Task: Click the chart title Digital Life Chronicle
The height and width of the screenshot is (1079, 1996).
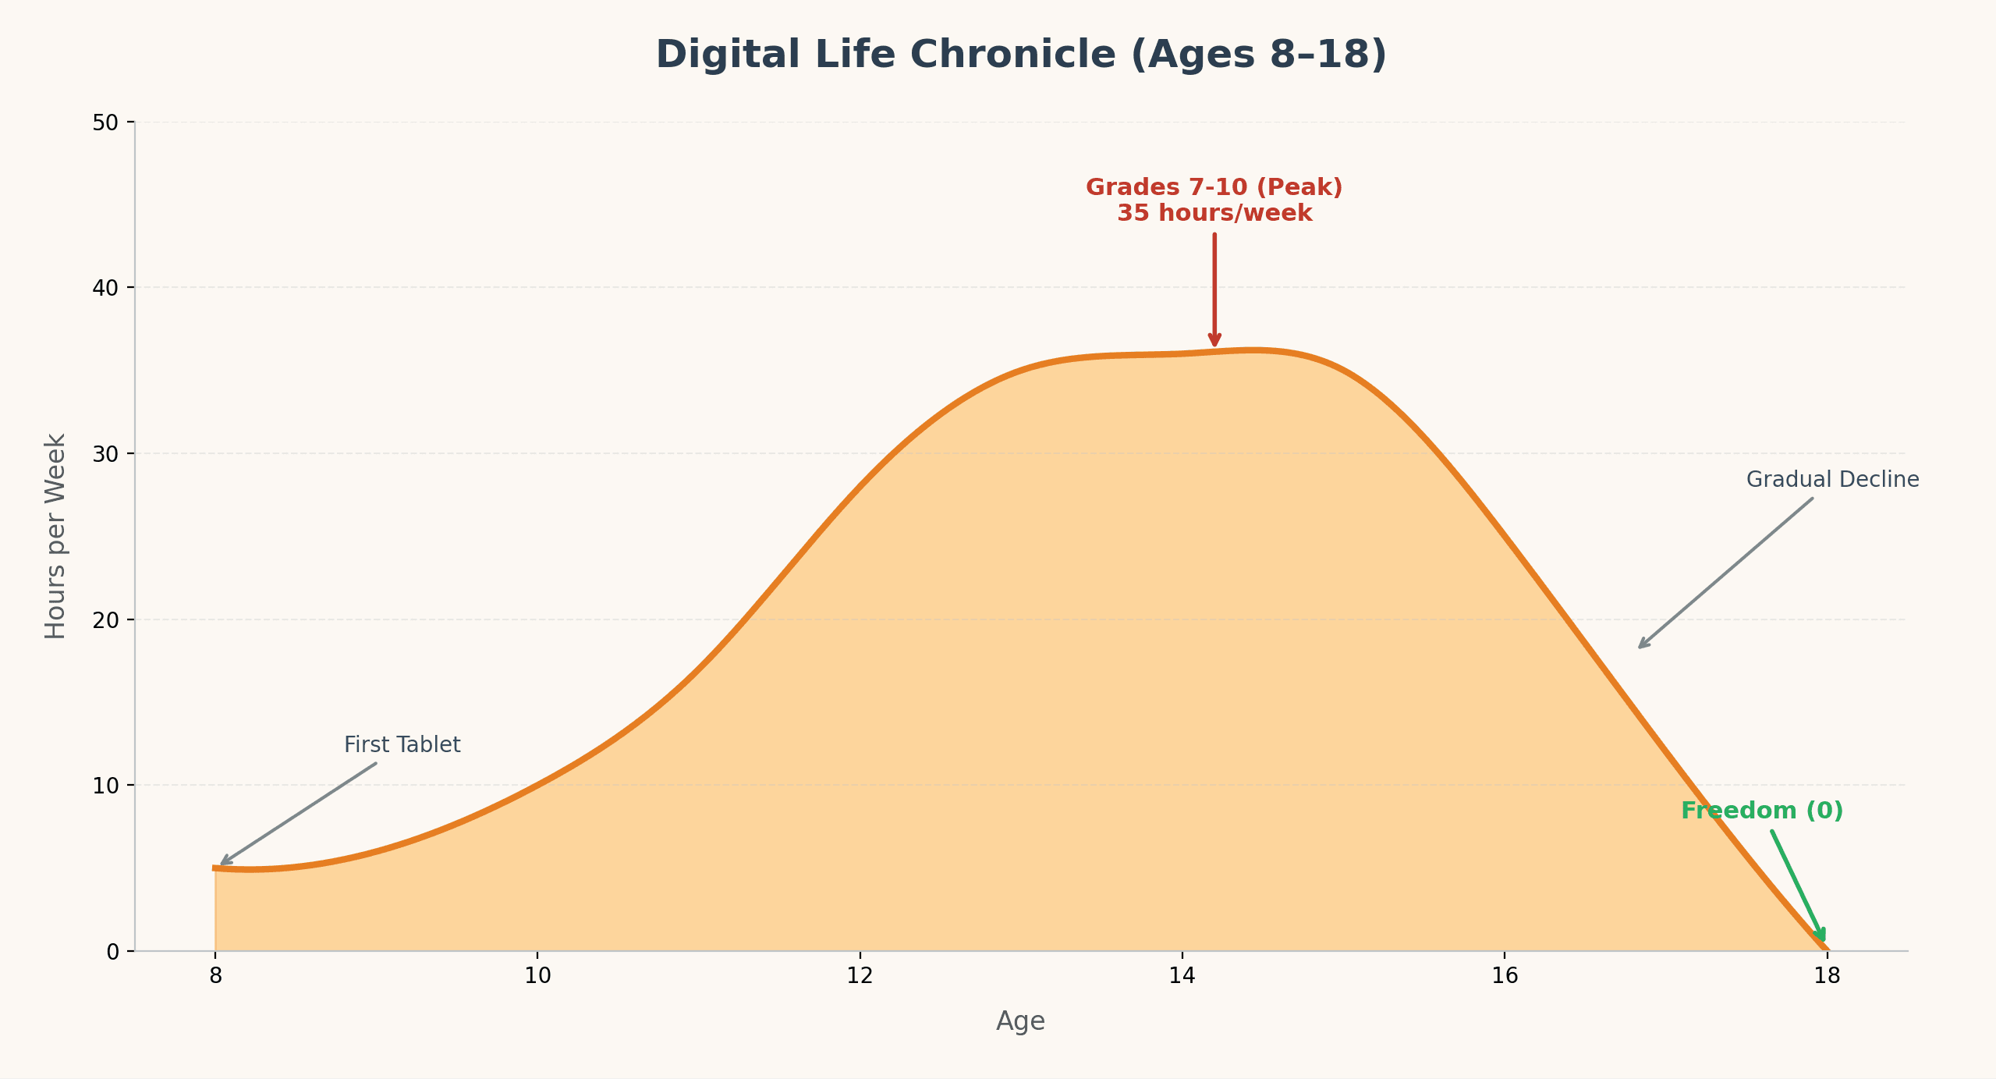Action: pos(1020,55)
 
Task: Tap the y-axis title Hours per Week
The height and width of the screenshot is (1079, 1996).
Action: pos(55,536)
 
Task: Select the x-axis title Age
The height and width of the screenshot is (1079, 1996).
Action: pos(1020,1020)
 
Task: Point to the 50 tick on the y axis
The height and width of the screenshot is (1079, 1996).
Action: pos(105,122)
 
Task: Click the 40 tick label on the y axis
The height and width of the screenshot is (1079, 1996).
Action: pos(105,288)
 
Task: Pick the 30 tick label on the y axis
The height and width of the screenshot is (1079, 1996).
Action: pos(105,454)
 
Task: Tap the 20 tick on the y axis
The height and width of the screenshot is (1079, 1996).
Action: pos(105,620)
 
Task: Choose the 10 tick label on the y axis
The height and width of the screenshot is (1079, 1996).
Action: pos(105,786)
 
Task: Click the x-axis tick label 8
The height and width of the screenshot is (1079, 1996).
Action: pos(215,976)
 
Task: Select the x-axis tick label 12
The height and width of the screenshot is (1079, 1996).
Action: pos(860,976)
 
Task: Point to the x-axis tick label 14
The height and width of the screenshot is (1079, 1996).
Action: pos(1182,976)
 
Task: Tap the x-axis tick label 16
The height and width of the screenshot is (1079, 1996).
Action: pos(1504,976)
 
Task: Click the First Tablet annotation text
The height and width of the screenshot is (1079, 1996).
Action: pos(402,745)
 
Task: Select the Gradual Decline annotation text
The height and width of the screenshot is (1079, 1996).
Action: pos(1832,480)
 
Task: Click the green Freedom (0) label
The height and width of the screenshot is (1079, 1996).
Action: pos(1761,811)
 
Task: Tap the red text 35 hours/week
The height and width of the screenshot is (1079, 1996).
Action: pos(1214,213)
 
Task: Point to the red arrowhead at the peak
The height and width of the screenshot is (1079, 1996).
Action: pos(1214,340)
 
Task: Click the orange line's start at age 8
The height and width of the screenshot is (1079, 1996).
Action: pos(216,868)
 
